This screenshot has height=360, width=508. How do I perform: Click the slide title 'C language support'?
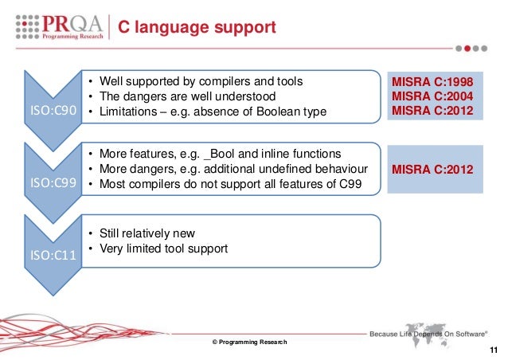pos(197,29)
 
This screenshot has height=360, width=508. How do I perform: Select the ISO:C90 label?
pos(53,112)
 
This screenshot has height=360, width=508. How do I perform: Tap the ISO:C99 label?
pos(53,183)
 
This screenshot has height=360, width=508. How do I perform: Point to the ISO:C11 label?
pos(53,256)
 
